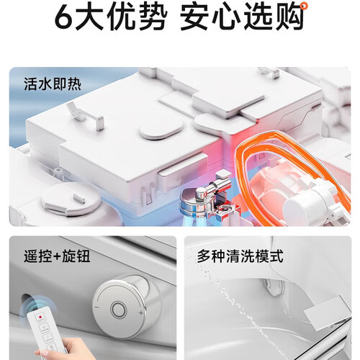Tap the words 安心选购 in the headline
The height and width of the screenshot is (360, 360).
tap(242, 17)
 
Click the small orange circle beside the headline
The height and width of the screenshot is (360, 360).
tap(304, 6)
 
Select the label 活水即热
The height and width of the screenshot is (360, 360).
tap(53, 84)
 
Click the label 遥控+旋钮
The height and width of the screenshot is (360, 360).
tap(57, 256)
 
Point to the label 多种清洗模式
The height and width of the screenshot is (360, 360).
tap(240, 256)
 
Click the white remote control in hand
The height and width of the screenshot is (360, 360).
tap(45, 333)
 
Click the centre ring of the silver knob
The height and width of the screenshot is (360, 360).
tap(118, 309)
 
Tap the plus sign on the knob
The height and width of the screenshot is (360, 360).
tap(141, 312)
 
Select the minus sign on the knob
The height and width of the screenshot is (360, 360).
tap(97, 307)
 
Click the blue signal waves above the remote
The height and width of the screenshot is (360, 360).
tap(30, 306)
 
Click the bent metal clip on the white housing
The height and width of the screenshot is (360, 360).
tap(85, 116)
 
